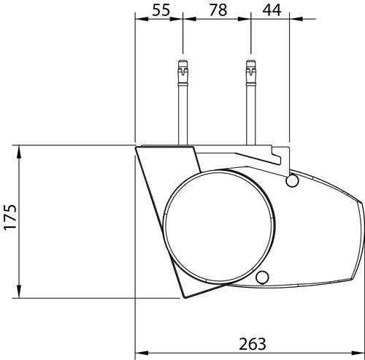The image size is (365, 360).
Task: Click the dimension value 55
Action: (x=161, y=10)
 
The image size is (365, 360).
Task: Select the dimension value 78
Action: (x=218, y=10)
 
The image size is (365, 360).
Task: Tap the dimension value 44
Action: (x=272, y=10)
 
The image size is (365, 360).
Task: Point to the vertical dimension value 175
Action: (x=10, y=218)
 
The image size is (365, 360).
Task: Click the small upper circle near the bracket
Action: (x=292, y=180)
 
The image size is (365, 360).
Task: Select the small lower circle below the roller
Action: (x=262, y=277)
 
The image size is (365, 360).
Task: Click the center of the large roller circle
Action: (x=219, y=226)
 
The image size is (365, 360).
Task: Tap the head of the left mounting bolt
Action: (x=183, y=72)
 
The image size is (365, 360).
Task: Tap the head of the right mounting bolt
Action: (x=251, y=72)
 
